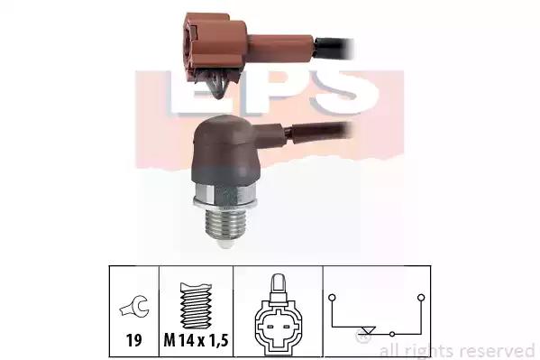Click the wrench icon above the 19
tap(134, 306)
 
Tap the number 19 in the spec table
tap(134, 340)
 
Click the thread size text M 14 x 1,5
tap(196, 340)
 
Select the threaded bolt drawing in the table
tap(196, 306)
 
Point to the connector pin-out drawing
tap(276, 315)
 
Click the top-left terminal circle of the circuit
tap(332, 297)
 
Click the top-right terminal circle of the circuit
tap(421, 297)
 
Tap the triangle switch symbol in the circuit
tap(368, 330)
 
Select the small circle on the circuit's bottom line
tap(392, 334)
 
